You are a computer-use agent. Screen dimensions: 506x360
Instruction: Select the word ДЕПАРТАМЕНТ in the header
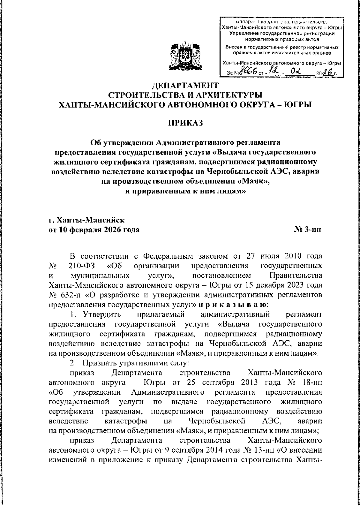(x=185, y=85)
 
